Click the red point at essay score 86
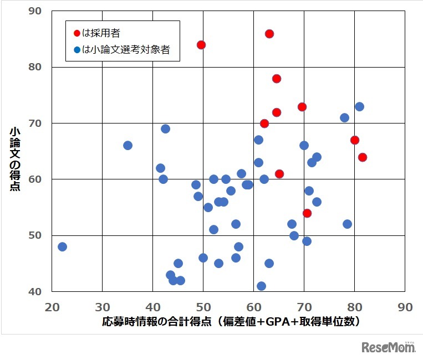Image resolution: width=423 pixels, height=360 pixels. coord(269,34)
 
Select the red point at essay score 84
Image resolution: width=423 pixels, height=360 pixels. coord(201,45)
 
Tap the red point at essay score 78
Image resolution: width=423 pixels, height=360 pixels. coord(277,79)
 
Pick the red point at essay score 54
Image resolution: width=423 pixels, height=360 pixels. coord(307,213)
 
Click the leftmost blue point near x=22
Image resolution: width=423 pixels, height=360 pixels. coord(62,246)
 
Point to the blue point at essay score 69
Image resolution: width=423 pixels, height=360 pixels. coord(165,129)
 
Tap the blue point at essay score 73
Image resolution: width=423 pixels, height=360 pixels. coord(359,106)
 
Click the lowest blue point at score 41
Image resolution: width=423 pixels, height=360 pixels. coord(261,286)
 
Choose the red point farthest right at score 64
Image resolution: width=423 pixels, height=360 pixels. coord(363,157)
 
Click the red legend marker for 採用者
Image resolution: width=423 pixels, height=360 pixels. coord(77,33)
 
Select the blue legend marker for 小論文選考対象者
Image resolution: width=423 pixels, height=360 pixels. coord(77,50)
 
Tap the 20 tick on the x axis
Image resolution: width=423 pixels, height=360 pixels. coord(52,307)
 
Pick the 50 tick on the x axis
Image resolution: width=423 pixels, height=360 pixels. coord(203,307)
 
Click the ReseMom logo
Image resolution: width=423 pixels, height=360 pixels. coord(388,347)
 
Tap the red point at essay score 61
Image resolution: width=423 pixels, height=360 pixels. coord(279,174)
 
